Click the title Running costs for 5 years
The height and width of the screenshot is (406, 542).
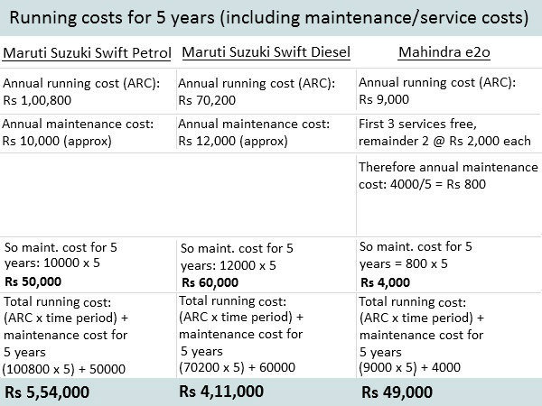pyautogui.click(x=269, y=17)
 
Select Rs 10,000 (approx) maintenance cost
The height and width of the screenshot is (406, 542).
pyautogui.click(x=57, y=141)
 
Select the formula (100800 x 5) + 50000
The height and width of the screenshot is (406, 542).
pyautogui.click(x=64, y=368)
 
